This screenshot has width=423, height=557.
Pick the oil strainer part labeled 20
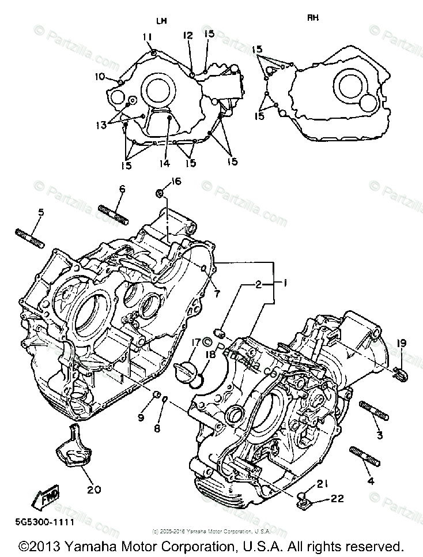tap(71, 450)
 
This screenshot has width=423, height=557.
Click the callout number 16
tap(176, 181)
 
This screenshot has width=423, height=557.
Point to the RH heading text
tap(312, 18)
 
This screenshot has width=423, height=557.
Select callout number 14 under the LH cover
tap(165, 163)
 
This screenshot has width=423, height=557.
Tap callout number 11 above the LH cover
tap(147, 37)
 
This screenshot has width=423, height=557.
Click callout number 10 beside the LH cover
tap(100, 76)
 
